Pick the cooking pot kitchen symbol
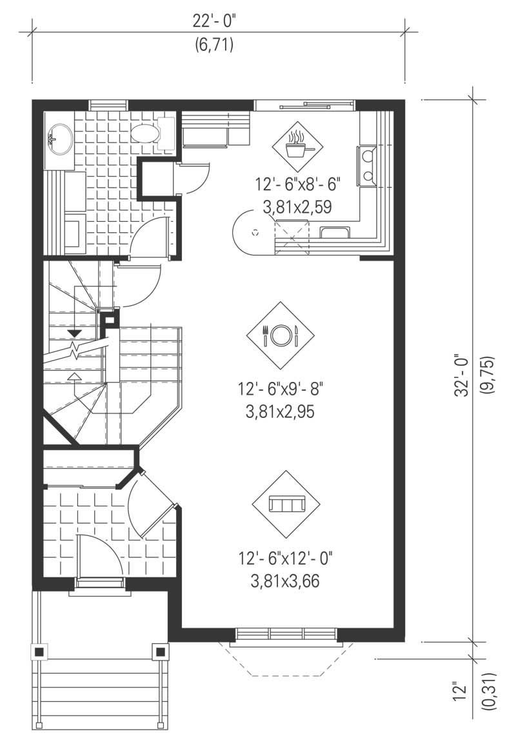(297, 147)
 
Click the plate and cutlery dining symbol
(280, 334)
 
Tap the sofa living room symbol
(286, 504)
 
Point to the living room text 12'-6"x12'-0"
(286, 557)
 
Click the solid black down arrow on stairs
(75, 333)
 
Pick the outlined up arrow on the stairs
(75, 375)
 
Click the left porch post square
(39, 651)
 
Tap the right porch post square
(159, 651)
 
